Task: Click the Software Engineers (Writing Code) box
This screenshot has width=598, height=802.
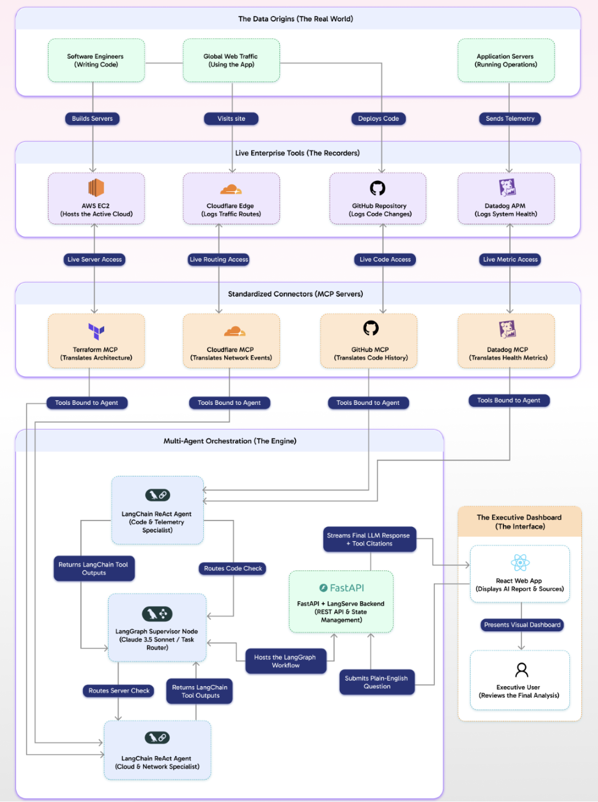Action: coord(96,61)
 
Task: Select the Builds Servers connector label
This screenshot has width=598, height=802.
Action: coord(93,118)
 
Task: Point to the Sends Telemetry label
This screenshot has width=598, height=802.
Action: coord(509,118)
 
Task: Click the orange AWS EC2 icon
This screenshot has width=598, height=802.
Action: coord(96,188)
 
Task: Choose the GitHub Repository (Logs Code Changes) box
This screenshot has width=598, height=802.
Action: coord(378,198)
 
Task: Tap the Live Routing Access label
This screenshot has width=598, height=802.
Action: coord(219,259)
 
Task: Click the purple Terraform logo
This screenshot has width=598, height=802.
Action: coord(96,331)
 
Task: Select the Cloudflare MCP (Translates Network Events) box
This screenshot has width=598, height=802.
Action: coord(231,340)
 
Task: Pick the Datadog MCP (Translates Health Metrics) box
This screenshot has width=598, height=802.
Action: coord(506,340)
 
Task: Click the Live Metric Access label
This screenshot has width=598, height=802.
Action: coord(510,259)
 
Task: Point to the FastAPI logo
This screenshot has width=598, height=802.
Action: coord(341,588)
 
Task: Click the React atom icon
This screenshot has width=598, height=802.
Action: coord(519,563)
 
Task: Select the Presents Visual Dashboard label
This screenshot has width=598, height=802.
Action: coord(521,625)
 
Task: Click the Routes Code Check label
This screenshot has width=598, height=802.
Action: coord(233,568)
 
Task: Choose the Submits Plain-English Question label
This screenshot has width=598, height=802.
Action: coord(377,682)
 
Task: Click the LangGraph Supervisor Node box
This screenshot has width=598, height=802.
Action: coord(157,627)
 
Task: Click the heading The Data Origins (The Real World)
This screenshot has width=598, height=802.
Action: coord(296,19)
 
